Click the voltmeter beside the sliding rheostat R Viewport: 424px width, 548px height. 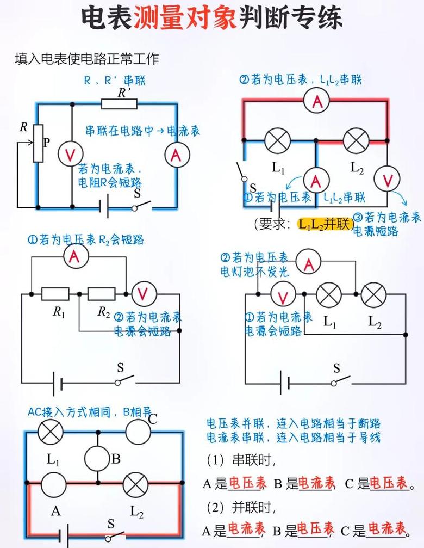(x=71, y=154)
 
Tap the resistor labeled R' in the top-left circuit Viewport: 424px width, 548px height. (x=119, y=104)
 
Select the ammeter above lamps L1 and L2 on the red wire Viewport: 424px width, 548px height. (x=317, y=101)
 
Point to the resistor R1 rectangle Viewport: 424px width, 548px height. (x=55, y=294)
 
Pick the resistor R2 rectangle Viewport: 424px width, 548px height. (x=101, y=294)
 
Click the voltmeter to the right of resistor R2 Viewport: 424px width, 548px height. (x=142, y=294)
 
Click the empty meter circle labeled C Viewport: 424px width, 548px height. (x=138, y=432)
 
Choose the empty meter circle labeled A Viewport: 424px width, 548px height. (x=53, y=485)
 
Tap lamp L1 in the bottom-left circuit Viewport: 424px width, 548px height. (x=51, y=432)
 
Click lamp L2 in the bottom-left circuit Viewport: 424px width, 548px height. (x=135, y=485)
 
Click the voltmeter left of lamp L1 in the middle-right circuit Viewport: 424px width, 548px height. (x=283, y=294)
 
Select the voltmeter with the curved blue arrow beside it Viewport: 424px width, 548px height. (x=387, y=179)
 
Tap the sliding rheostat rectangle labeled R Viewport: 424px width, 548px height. (x=39, y=143)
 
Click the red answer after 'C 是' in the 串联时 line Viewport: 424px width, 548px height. (x=389, y=483)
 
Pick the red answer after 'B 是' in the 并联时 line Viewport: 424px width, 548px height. (x=315, y=529)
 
